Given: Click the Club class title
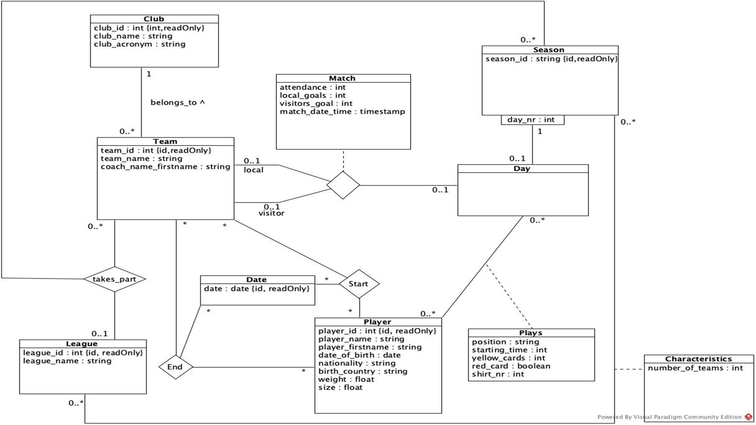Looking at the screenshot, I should pyautogui.click(x=154, y=19).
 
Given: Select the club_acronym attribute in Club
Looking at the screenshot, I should pyautogui.click(x=140, y=44).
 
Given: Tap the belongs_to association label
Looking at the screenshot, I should pyautogui.click(x=177, y=103).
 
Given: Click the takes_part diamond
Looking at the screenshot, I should pyautogui.click(x=114, y=279).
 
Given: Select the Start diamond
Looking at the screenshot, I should pyautogui.click(x=359, y=284).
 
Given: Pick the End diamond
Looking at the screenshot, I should pyautogui.click(x=176, y=367).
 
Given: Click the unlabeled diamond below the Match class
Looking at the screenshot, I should pyautogui.click(x=343, y=185).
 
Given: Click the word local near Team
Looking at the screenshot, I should pyautogui.click(x=253, y=170).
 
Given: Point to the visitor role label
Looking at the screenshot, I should pyautogui.click(x=271, y=213).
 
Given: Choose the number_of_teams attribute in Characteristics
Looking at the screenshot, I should pyautogui.click(x=695, y=368).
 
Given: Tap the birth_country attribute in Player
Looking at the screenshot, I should pyautogui.click(x=362, y=371).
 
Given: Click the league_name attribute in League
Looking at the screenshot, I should pyautogui.click(x=67, y=361).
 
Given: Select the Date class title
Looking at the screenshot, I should pyautogui.click(x=256, y=280).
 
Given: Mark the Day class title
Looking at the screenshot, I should pyautogui.click(x=522, y=169).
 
